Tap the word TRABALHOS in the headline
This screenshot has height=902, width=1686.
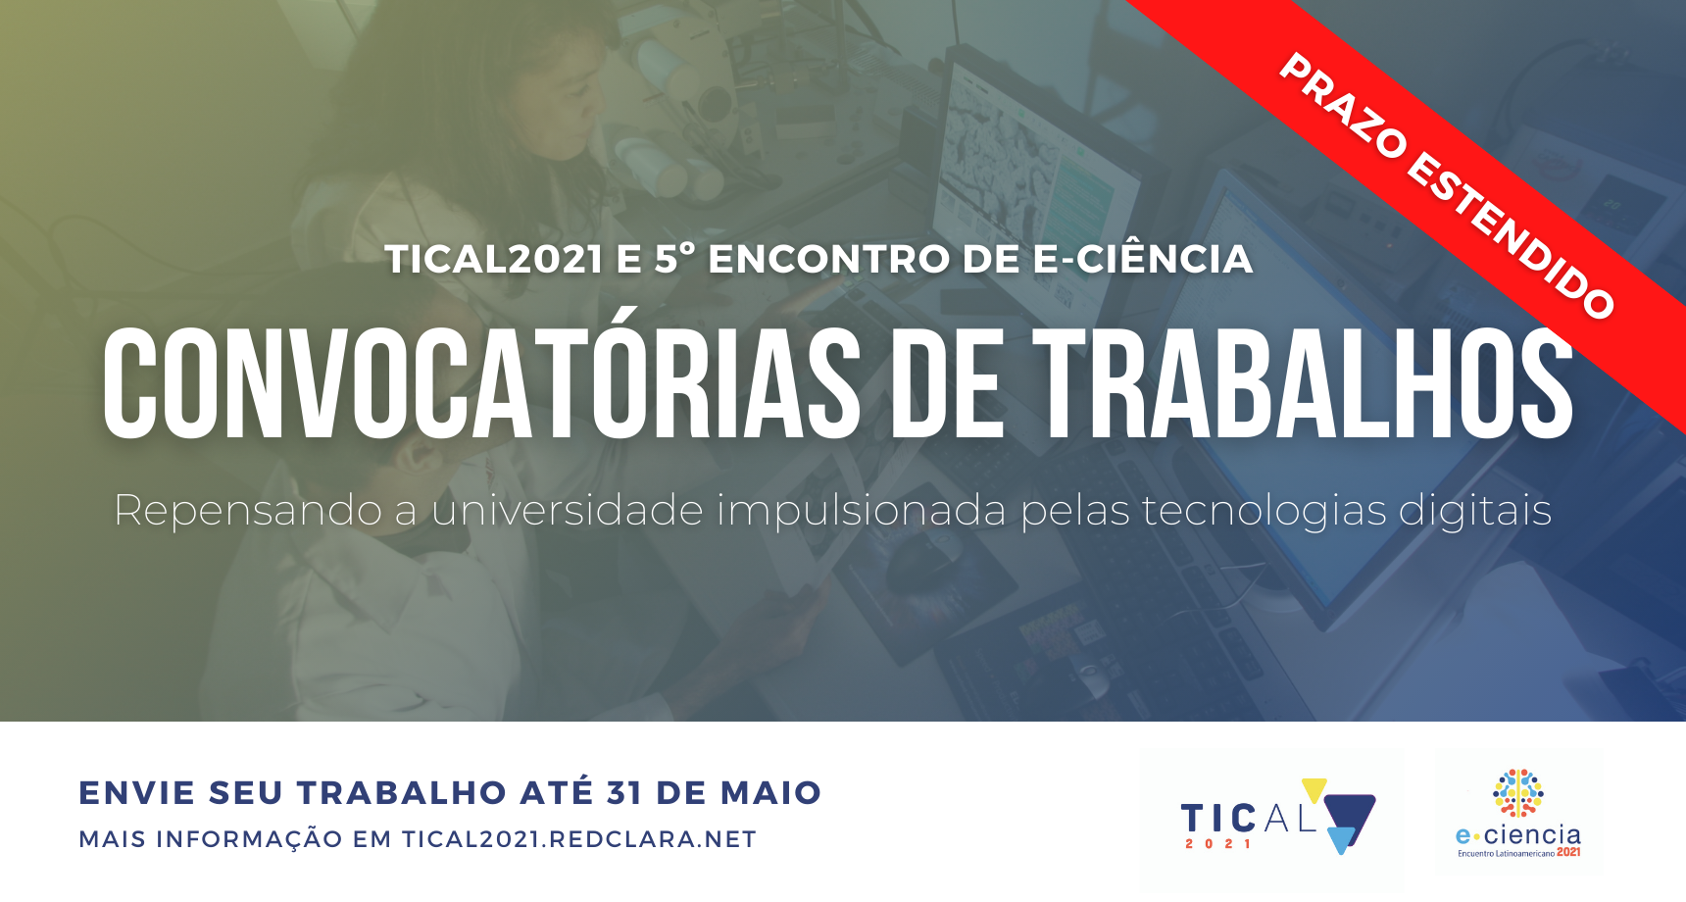pos(1304,382)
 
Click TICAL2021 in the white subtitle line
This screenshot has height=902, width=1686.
pos(494,260)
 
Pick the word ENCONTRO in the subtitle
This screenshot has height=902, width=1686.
pos(829,260)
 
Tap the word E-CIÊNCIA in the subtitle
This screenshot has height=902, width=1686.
pos(1143,258)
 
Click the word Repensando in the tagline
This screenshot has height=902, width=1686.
pos(248,511)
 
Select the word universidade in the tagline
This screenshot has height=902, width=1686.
pos(568,510)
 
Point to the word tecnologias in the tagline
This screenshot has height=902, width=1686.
pos(1264,511)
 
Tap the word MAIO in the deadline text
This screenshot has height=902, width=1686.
pos(771,792)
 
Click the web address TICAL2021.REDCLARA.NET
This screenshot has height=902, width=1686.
pos(579,839)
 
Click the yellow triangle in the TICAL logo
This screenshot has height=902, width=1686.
pos(1314,789)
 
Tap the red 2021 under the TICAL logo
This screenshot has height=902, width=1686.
pos(1218,843)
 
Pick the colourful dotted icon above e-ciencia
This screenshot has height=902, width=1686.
pos(1517,793)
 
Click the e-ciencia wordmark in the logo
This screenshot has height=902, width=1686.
pos(1518,835)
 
